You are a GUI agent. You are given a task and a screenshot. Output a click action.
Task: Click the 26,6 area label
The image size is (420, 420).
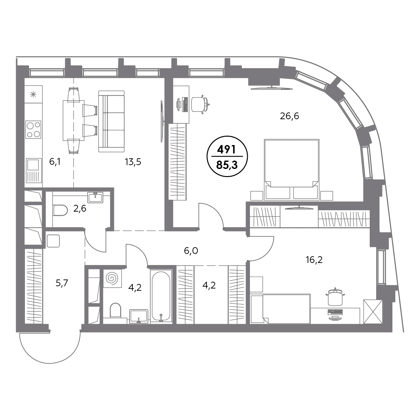pos(289,116)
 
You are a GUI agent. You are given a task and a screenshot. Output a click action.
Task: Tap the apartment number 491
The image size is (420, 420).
pos(227,150)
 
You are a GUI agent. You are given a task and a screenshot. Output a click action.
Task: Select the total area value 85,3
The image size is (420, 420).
pos(227,166)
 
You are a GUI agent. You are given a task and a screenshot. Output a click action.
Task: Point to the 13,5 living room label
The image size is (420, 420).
pos(133,162)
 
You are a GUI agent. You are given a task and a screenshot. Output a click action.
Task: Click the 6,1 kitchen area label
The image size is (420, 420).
pos(55,162)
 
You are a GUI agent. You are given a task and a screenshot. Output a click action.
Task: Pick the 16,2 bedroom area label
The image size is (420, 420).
pos(314,260)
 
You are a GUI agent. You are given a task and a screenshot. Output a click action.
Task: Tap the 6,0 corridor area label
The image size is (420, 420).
pos(191,251)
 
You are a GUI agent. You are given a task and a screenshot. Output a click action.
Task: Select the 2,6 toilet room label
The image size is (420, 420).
pos(80,209)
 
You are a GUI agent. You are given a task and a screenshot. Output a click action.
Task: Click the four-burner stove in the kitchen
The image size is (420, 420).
pos(33,130)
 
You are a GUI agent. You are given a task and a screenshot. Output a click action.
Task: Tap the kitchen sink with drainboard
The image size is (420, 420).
pos(34,171)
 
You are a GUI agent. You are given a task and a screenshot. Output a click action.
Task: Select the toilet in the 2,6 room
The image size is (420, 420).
pos(60,210)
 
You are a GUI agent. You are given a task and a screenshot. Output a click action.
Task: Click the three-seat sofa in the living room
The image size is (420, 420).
pos(111,121)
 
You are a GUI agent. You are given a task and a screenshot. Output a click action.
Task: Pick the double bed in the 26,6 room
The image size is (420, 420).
pos(292,170)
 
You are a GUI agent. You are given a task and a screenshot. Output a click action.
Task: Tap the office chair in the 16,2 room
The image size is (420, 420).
pos(335,297)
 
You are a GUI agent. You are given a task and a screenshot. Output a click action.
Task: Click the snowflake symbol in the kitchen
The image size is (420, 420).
pos(33,95)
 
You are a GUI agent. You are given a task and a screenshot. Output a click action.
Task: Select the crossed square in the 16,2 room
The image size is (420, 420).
pos(373,312)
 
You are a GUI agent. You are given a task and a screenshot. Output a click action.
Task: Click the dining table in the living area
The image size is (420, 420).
pos(73,121)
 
